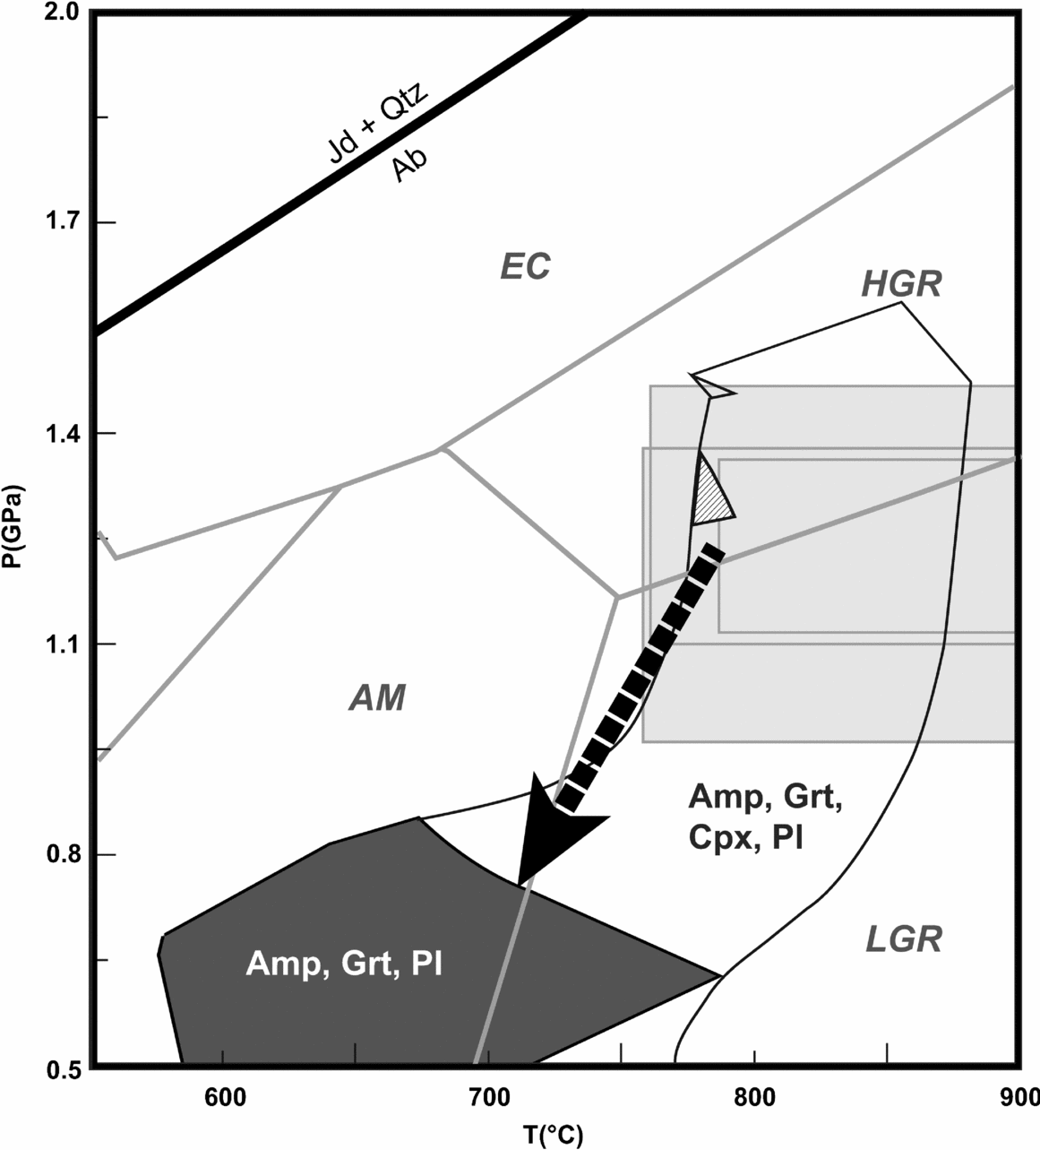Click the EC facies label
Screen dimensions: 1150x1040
(x=525, y=266)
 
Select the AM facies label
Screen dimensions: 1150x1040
(x=376, y=697)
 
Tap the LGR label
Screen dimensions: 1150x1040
(x=904, y=939)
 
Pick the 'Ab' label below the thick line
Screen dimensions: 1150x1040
(x=409, y=166)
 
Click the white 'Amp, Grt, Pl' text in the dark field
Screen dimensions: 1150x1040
(x=345, y=964)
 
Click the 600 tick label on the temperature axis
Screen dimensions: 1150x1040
(x=223, y=1096)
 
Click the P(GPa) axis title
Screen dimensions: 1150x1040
(x=16, y=538)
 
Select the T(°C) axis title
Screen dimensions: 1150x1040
(x=554, y=1135)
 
